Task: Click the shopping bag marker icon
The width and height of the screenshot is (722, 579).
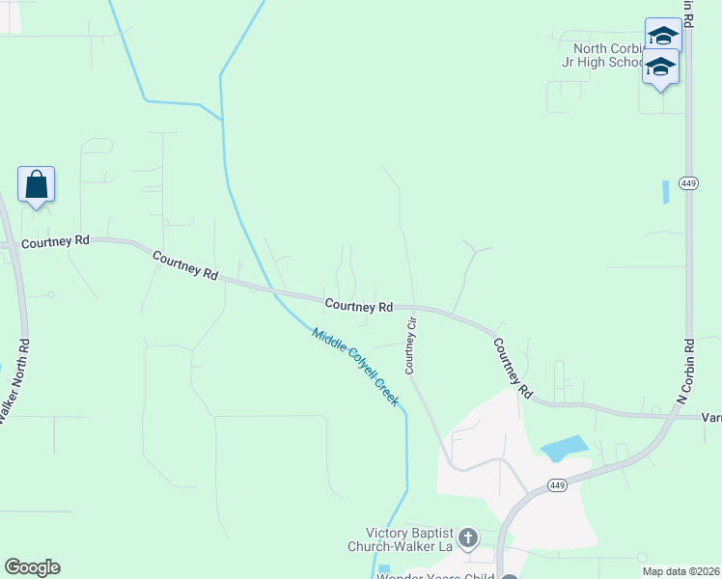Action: coord(36,184)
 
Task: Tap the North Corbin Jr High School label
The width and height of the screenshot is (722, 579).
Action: coord(608,56)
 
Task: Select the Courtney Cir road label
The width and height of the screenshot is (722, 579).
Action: coord(410,345)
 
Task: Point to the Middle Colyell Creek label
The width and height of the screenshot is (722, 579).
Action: coord(354,367)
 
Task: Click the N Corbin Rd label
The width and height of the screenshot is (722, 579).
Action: coord(686,372)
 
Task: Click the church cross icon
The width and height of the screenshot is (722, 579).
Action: coord(467,538)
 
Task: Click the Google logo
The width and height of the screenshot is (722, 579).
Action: coord(32,567)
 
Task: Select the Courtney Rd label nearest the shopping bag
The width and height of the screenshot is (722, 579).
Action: coord(54,240)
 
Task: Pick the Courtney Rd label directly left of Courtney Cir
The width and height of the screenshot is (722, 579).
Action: coord(358,306)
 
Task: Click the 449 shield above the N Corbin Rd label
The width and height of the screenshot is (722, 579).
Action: coord(688,183)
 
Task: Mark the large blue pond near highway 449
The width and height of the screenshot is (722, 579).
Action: coord(564,447)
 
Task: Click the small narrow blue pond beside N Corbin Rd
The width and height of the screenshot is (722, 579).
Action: coord(665,191)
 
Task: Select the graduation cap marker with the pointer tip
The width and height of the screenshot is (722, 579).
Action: coord(660,69)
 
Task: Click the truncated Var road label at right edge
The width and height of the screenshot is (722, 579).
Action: coord(710,417)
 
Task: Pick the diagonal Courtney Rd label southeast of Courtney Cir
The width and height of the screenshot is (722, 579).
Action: coord(513,368)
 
